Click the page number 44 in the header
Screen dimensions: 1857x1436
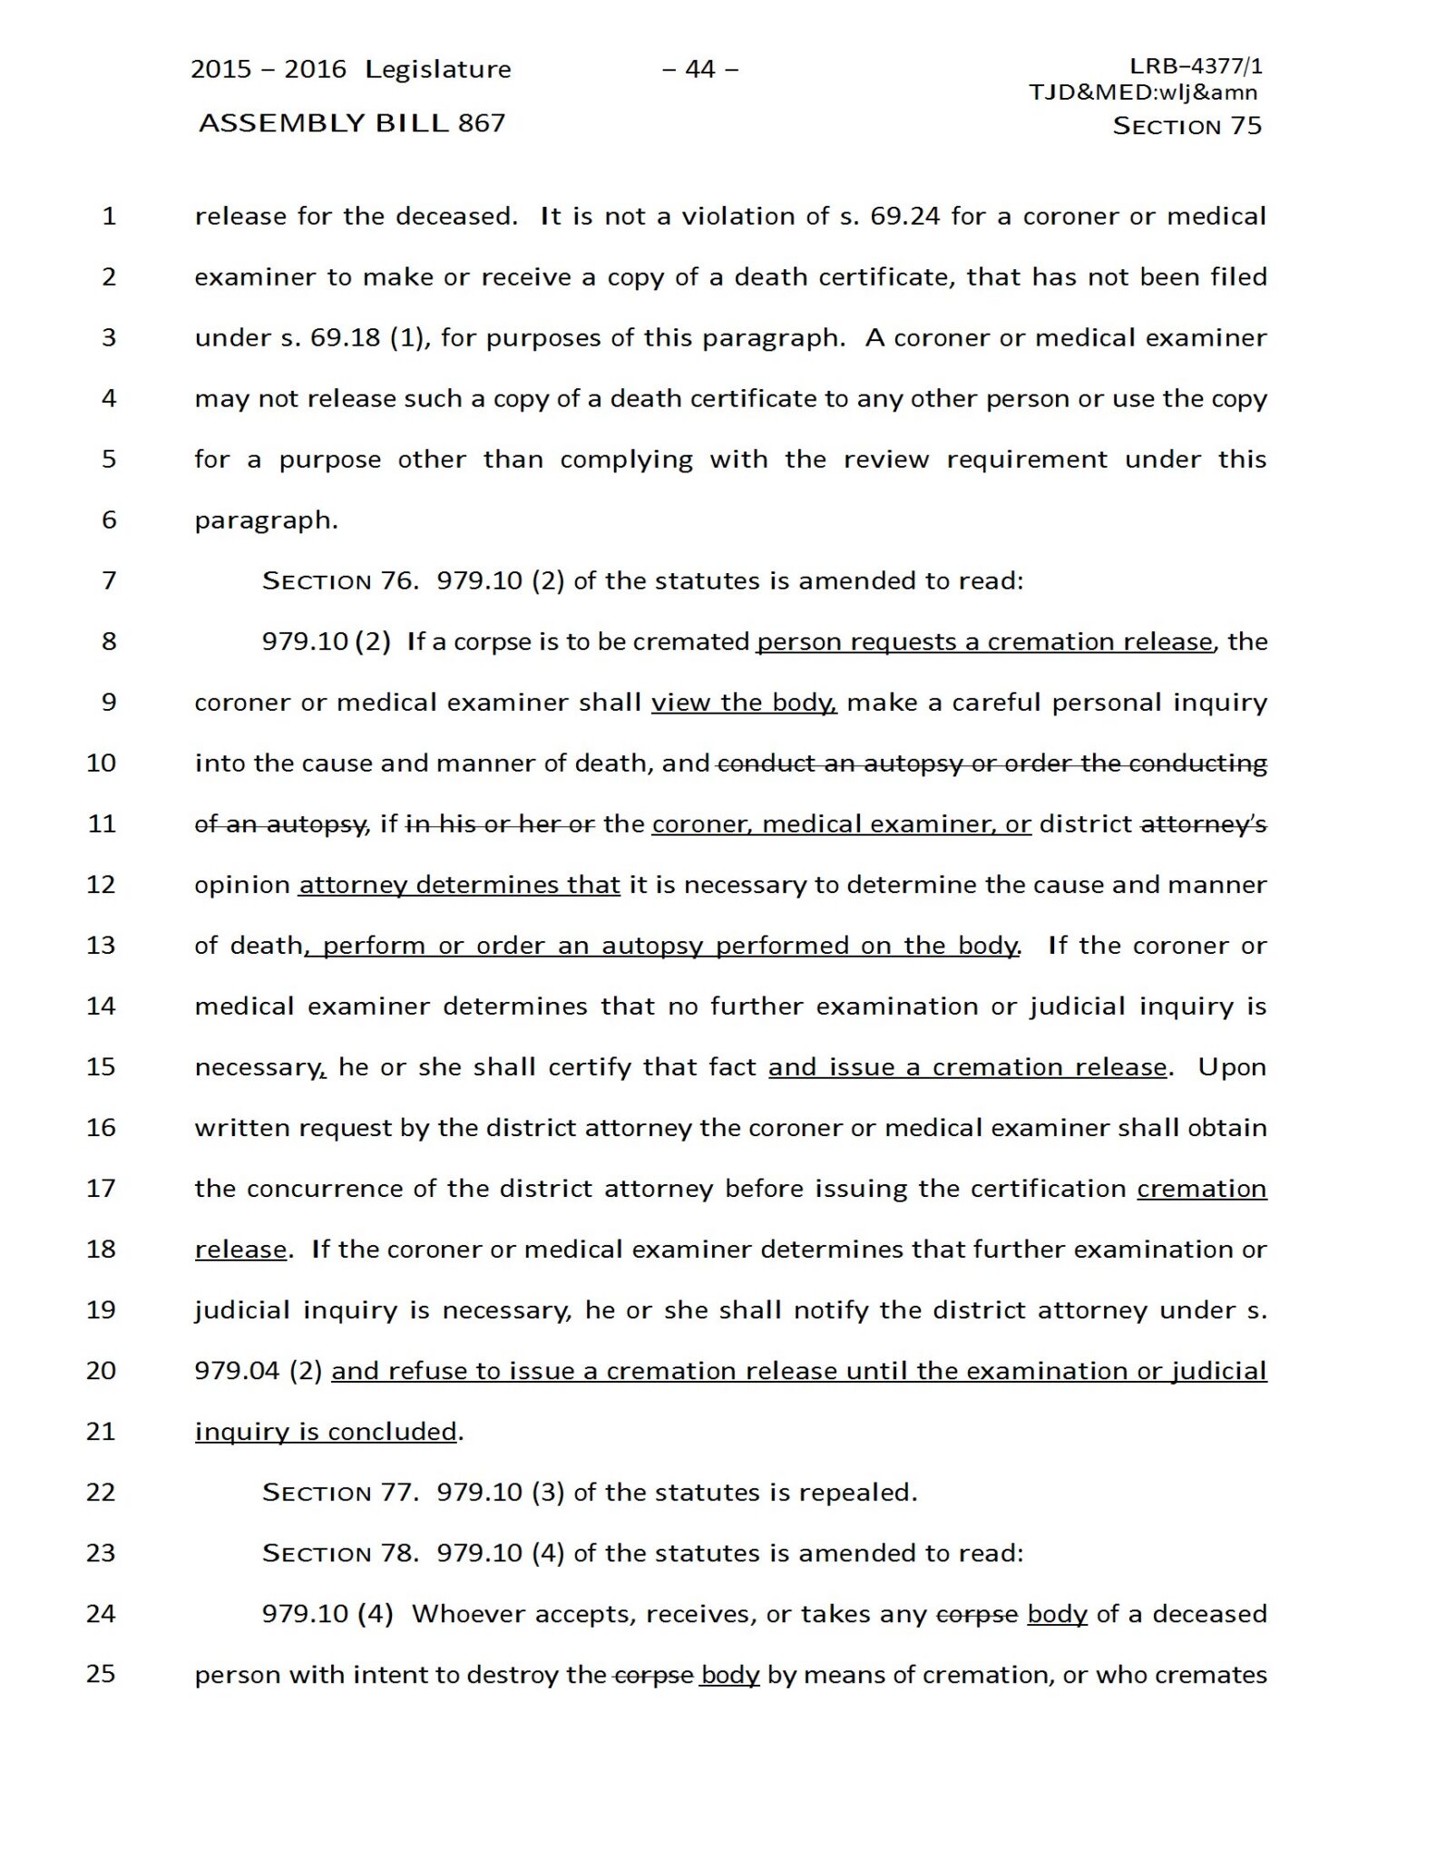700,69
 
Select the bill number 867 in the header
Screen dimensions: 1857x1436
482,122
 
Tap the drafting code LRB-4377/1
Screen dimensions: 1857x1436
1196,66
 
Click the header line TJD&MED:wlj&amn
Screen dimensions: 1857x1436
1143,92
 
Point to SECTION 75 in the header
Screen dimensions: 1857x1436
1187,126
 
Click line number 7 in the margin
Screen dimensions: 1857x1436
109,580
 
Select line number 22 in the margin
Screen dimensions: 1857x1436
101,1492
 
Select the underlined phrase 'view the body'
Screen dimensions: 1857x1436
744,703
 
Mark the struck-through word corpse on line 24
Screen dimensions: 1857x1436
976,1615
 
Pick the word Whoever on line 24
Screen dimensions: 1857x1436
469,1615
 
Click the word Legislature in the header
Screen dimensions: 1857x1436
438,70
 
